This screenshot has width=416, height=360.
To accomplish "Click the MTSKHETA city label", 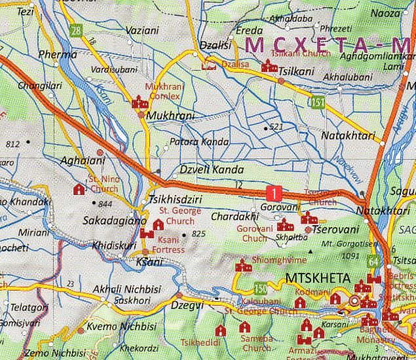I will click(318, 279).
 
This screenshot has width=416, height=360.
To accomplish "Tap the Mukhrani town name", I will click(171, 116).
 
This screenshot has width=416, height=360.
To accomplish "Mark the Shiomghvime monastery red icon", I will click(243, 266).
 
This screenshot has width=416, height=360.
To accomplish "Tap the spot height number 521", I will click(276, 126).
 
